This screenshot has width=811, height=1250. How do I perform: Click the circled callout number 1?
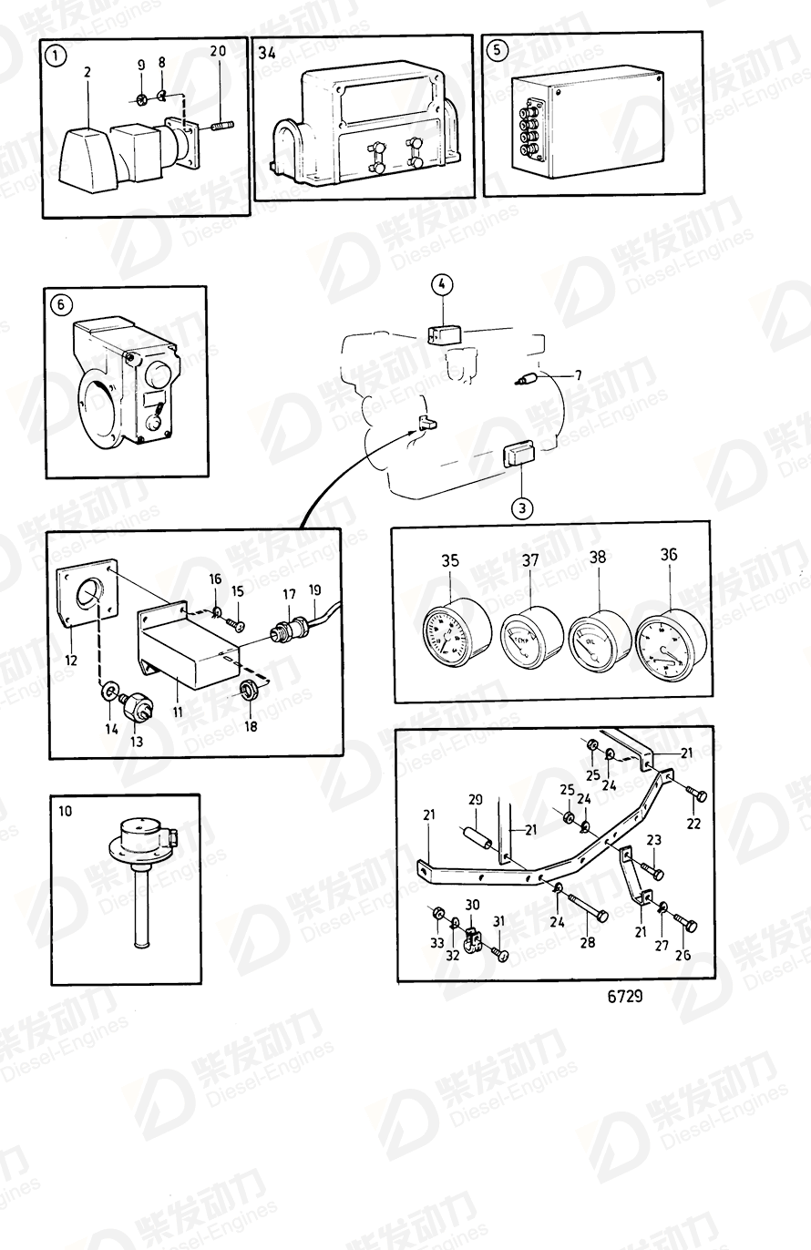57,56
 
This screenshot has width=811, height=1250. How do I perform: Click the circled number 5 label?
497,50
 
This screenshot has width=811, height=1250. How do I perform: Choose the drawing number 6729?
625,996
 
